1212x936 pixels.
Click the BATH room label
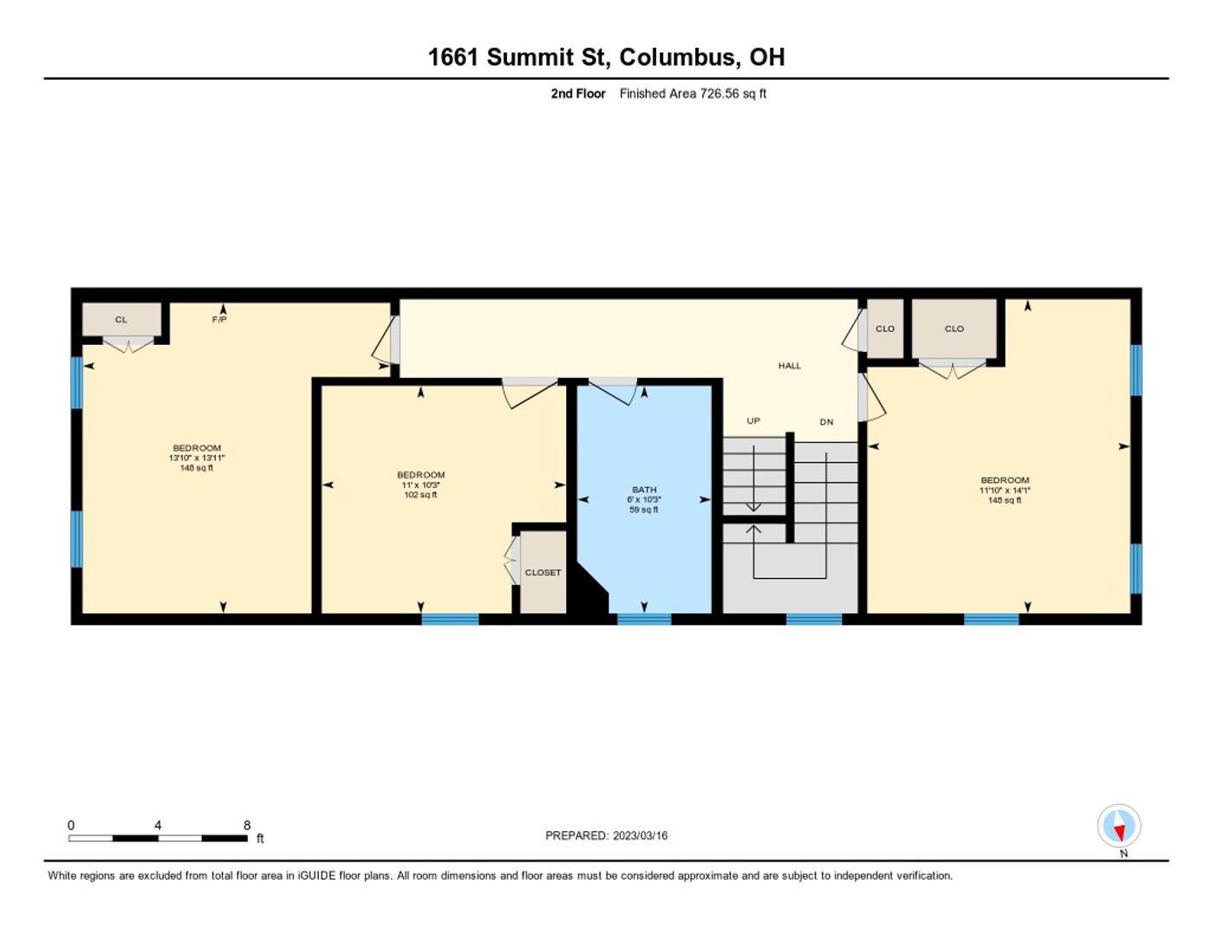(x=643, y=490)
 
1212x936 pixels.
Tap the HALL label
(x=789, y=366)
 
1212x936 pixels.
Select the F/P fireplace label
(x=219, y=320)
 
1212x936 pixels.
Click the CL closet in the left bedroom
(x=121, y=320)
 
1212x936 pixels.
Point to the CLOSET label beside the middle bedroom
(x=543, y=573)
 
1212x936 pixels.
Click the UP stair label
(x=753, y=421)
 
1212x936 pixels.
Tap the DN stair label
(x=826, y=422)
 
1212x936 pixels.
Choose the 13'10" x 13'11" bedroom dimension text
(x=197, y=458)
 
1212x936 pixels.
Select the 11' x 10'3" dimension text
(x=420, y=485)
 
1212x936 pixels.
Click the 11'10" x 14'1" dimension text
(x=1005, y=490)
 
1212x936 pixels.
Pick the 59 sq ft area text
(x=643, y=510)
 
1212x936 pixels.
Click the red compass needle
(x=1119, y=834)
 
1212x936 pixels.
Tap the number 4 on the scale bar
(x=158, y=825)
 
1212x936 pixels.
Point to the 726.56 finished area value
(x=720, y=94)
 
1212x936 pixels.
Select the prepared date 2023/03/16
(x=641, y=835)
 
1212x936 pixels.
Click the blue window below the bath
(x=644, y=619)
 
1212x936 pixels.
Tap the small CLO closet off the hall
(x=885, y=329)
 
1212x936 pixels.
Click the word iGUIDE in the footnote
(x=316, y=876)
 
